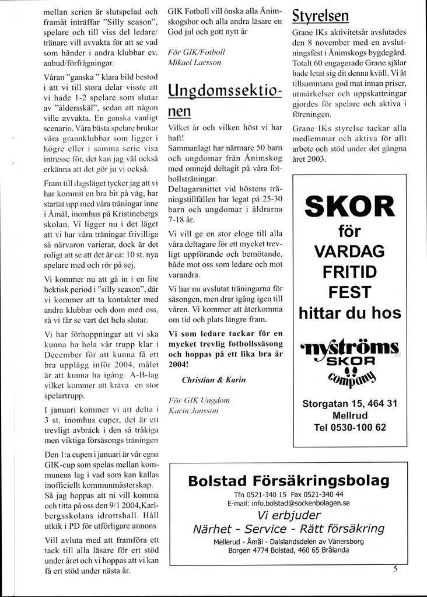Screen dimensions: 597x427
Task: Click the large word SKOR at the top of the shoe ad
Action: point(350,207)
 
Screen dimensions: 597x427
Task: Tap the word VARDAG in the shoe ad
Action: point(350,252)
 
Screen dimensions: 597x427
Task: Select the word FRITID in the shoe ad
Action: point(350,272)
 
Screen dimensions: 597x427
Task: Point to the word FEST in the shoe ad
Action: point(350,292)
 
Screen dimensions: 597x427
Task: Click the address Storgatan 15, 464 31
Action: point(350,403)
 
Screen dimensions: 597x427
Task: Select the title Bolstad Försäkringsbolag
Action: point(289,481)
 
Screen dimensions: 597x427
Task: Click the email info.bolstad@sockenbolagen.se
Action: point(289,502)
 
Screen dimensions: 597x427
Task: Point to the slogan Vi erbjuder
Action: point(289,515)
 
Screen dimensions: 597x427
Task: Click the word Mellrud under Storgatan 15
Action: point(350,415)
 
